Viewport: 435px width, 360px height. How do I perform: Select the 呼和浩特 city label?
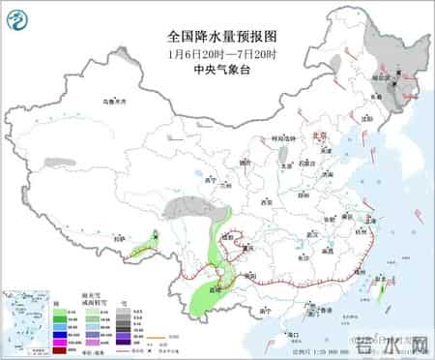coord(281,137)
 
